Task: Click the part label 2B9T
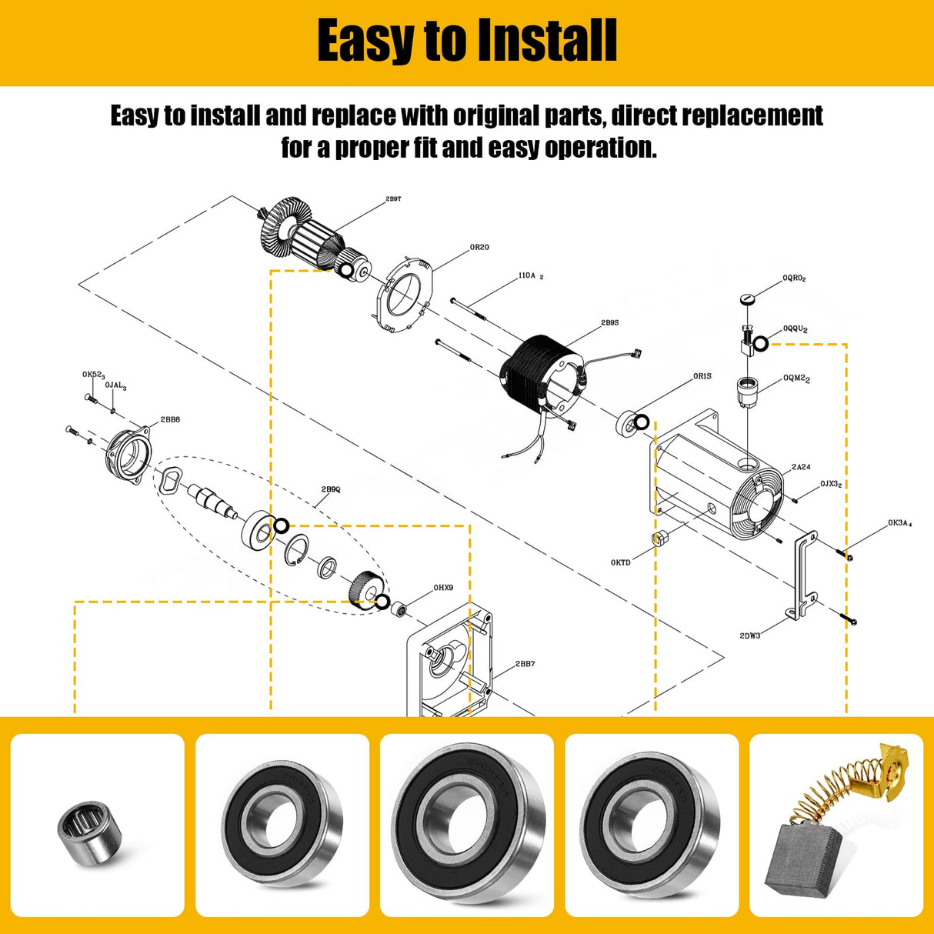[393, 199]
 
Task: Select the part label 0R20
[479, 248]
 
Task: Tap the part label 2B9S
[609, 323]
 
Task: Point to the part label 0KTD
[620, 562]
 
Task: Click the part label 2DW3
[749, 635]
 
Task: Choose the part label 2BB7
[525, 664]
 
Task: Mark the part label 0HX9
[443, 588]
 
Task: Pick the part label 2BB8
[170, 420]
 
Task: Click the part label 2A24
[801, 467]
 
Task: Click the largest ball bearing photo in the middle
[467, 825]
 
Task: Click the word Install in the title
[546, 41]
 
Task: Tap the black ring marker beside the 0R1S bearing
[641, 422]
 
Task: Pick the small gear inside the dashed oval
[363, 589]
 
